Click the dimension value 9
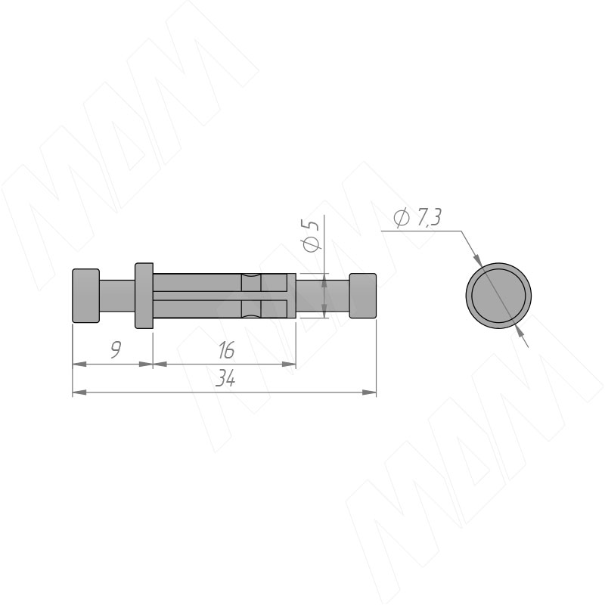point(116,350)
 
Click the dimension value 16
point(226,350)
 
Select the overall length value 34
point(225,379)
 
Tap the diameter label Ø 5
point(311,236)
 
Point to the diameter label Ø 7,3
point(417,218)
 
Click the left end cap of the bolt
point(86,295)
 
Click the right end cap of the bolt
point(363,296)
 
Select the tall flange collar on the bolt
point(144,296)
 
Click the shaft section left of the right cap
point(323,296)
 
